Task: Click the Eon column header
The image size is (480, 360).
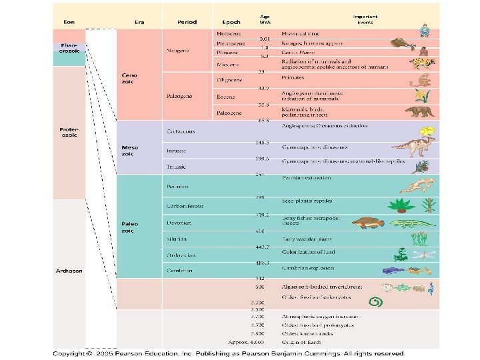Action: click(x=69, y=22)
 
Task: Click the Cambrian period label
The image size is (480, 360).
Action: click(x=179, y=271)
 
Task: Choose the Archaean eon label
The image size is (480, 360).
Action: click(x=69, y=270)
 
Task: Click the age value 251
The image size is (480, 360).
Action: click(x=261, y=175)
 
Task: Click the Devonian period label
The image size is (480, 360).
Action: click(x=179, y=222)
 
